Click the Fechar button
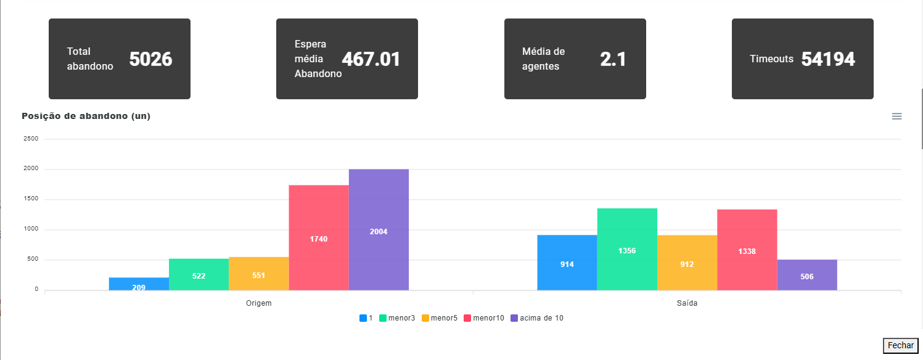tap(900, 346)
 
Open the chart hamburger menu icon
tap(896, 117)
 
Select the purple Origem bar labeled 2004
tap(379, 230)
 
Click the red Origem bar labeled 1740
tap(319, 238)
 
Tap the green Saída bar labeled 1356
tap(627, 249)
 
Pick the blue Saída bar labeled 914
tap(567, 263)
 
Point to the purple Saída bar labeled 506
tap(807, 275)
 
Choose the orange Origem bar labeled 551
tap(259, 274)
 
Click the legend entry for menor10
tap(484, 318)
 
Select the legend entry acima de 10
tap(537, 318)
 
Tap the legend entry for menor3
tap(397, 318)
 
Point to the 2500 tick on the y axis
tap(31, 139)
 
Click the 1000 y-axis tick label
tap(31, 229)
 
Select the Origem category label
tap(259, 303)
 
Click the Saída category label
tap(687, 303)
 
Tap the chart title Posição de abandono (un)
tap(86, 116)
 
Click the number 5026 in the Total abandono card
tap(150, 59)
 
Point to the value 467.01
tap(371, 59)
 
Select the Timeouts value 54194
tap(828, 59)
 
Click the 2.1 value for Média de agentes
tap(613, 59)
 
